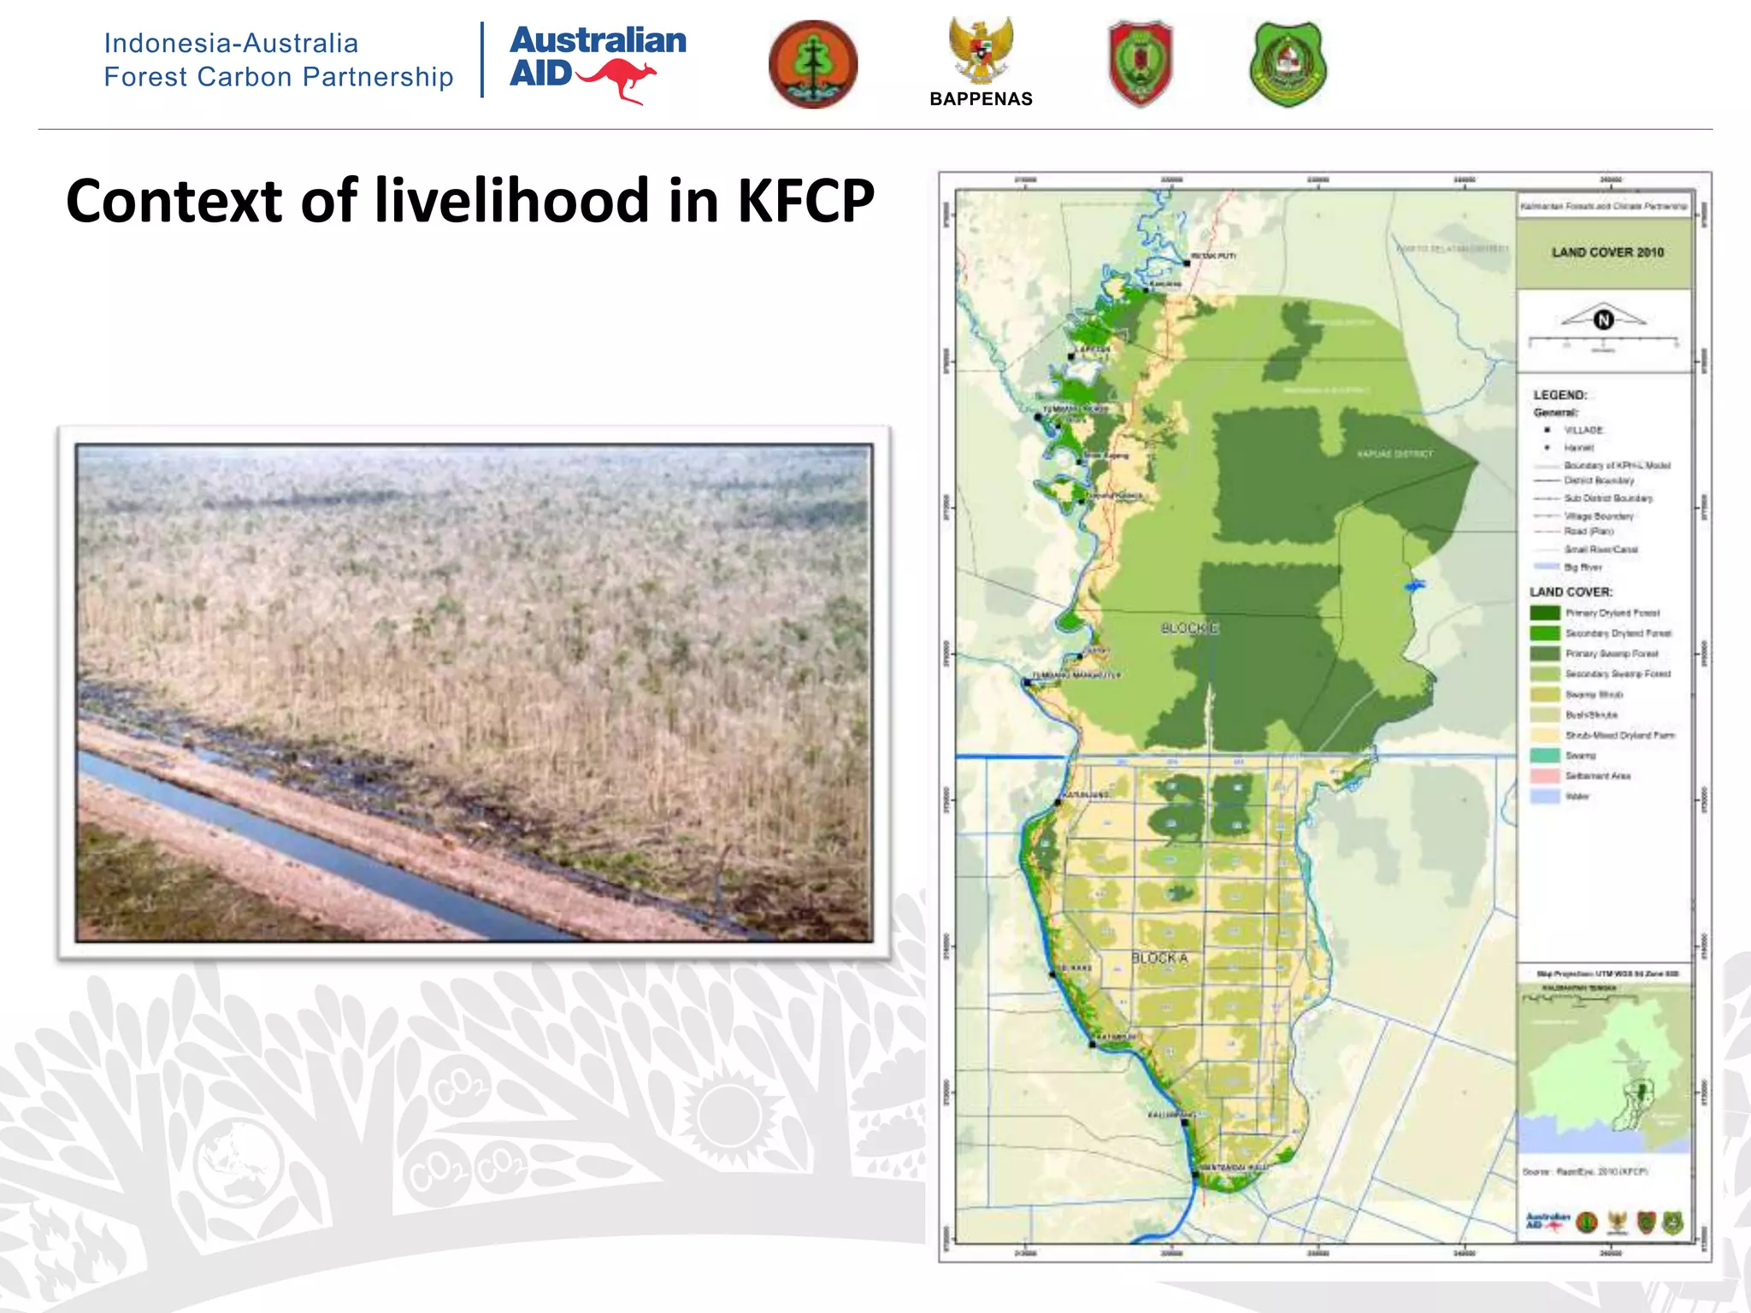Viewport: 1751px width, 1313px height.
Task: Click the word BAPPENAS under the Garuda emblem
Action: tap(981, 99)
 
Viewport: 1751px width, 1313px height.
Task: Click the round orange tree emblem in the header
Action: tap(812, 64)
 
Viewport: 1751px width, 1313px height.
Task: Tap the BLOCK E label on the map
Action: tap(1189, 628)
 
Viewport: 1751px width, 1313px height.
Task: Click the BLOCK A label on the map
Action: tap(1159, 958)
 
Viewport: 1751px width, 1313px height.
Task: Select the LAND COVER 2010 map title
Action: tap(1607, 252)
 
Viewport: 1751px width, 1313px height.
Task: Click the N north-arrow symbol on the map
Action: tap(1603, 320)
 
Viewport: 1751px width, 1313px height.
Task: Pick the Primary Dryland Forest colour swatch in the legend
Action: tap(1544, 613)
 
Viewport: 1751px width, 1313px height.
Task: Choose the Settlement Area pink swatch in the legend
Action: tap(1544, 776)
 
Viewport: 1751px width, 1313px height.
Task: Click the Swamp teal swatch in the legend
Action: tap(1544, 756)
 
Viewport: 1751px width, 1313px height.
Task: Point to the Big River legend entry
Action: tap(1583, 568)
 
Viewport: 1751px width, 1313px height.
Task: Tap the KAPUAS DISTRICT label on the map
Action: tap(1394, 454)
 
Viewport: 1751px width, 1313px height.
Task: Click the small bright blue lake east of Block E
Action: tap(1414, 586)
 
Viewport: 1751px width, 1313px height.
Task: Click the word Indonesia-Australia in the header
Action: tap(231, 43)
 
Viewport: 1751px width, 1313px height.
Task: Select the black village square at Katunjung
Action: tap(1058, 803)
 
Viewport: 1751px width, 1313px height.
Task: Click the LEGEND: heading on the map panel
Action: tap(1559, 395)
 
